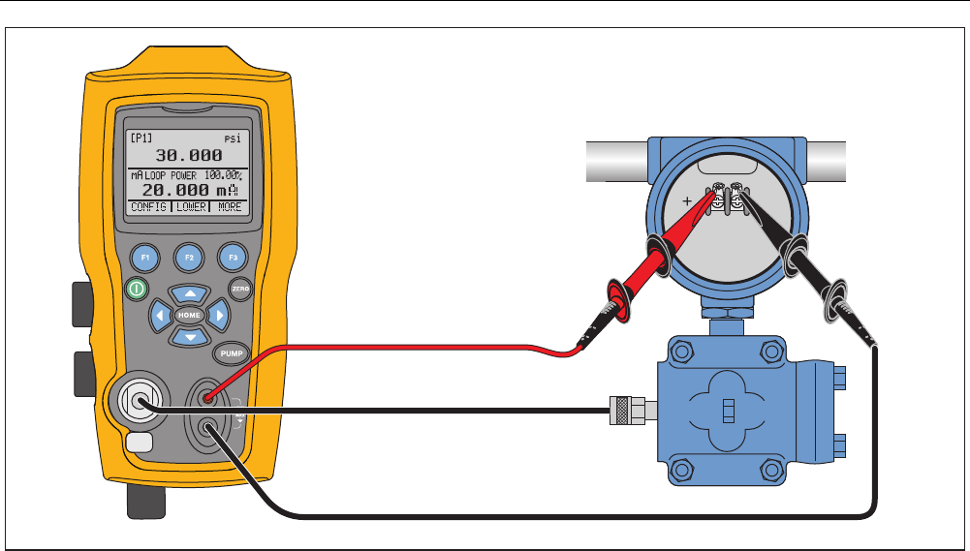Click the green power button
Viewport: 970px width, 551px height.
(136, 288)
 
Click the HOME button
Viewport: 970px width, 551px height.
(189, 316)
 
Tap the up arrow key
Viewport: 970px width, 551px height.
(190, 293)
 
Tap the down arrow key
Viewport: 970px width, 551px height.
(190, 337)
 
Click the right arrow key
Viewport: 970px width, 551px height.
(220, 316)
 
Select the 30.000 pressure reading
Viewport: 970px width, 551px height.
(189, 155)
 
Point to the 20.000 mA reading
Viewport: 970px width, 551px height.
(175, 190)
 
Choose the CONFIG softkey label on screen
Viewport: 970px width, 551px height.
(148, 207)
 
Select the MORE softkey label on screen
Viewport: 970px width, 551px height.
(229, 207)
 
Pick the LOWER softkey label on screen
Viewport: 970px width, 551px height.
(190, 207)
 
